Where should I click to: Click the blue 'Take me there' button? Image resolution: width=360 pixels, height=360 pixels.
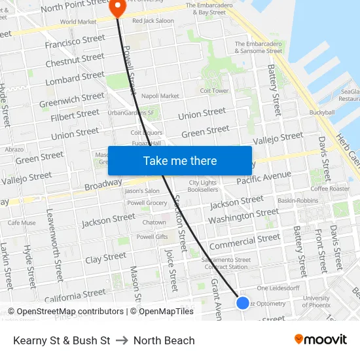pyautogui.click(x=179, y=160)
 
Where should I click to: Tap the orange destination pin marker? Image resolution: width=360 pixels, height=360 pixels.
pyautogui.click(x=118, y=8)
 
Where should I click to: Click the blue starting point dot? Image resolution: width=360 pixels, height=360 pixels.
pyautogui.click(x=243, y=302)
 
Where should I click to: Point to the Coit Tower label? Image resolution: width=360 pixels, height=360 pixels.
pyautogui.click(x=214, y=91)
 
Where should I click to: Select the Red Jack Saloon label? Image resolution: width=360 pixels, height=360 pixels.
pyautogui.click(x=153, y=21)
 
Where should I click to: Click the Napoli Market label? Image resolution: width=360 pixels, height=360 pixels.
pyautogui.click(x=160, y=96)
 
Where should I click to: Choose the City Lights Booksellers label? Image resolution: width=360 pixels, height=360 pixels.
pyautogui.click(x=203, y=186)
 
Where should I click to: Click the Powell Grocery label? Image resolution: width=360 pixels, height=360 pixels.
pyautogui.click(x=147, y=203)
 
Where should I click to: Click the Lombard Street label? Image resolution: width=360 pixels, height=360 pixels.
pyautogui.click(x=76, y=78)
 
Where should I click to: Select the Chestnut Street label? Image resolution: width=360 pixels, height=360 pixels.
pyautogui.click(x=75, y=60)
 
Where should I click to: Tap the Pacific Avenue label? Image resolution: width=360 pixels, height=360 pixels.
pyautogui.click(x=264, y=177)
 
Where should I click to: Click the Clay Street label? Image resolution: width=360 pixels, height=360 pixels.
pyautogui.click(x=105, y=257)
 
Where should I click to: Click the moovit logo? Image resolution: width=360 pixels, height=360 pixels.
pyautogui.click(x=320, y=340)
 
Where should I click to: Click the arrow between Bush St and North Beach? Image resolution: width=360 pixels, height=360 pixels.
pyautogui.click(x=122, y=340)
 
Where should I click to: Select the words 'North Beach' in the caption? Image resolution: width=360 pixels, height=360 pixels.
pyautogui.click(x=164, y=340)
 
